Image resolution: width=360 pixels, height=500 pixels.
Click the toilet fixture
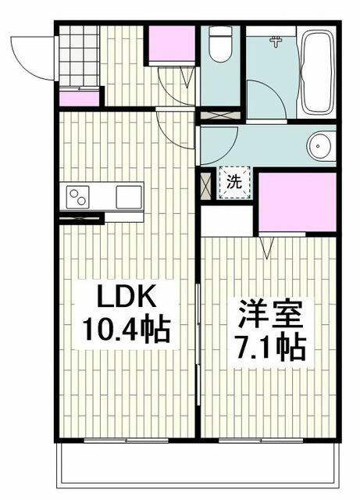coord(220,44)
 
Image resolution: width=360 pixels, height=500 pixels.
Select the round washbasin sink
coord(321,146)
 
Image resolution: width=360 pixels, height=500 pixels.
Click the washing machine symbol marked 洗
coord(234,182)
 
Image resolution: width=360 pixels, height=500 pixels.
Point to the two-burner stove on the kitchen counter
coord(78,197)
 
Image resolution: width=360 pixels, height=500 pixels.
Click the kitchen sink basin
coord(129,197)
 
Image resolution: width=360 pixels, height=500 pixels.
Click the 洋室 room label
coord(270,313)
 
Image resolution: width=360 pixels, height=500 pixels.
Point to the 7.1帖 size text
coord(270,348)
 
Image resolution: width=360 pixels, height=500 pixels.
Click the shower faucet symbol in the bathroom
coord(276,41)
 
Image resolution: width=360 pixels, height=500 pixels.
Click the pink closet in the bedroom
coord(298,202)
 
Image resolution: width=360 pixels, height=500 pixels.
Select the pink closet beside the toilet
coord(172,44)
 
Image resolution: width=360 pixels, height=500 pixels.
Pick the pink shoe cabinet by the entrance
coord(80,99)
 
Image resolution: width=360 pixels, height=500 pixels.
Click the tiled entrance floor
coord(78,56)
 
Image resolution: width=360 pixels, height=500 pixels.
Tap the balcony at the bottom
coord(198,463)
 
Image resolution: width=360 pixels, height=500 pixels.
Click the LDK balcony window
coord(127,441)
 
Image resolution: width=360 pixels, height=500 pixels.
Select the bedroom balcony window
coord(261,441)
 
